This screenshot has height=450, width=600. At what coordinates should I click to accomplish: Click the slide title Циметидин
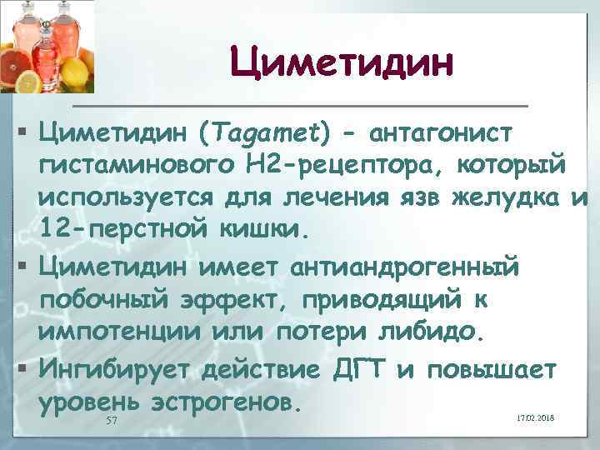coord(342,62)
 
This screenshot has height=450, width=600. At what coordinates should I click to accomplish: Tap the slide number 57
coord(112,422)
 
